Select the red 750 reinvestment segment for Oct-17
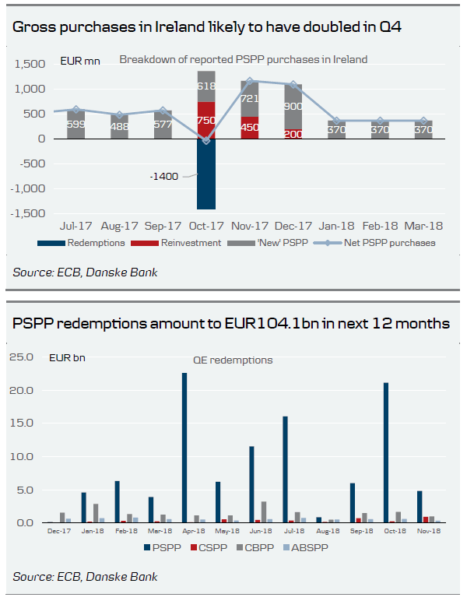point(206,120)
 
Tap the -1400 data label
point(164,176)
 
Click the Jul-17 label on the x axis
point(75,226)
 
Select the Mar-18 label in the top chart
point(423,226)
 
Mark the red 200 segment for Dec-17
point(293,134)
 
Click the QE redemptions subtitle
point(233,360)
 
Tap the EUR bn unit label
point(68,358)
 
